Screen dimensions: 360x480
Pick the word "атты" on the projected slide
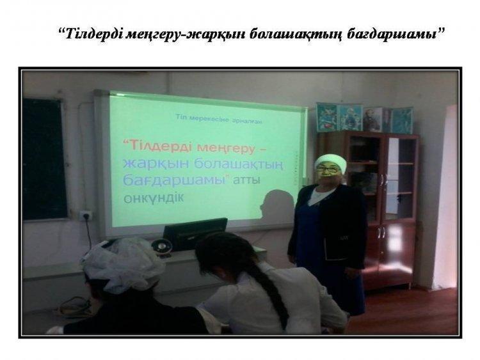coord(246,180)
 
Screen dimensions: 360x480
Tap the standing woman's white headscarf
coord(331,162)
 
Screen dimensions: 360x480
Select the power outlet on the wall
coord(85,215)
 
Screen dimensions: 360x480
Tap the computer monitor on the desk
coord(195,233)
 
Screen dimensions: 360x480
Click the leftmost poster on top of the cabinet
coord(327,118)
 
